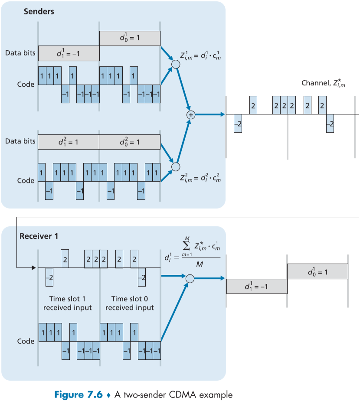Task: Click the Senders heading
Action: [x=39, y=12]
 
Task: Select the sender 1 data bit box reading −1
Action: [x=69, y=53]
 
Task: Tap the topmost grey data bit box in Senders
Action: [x=130, y=38]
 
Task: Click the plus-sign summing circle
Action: [x=190, y=114]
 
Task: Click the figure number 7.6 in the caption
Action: [x=94, y=395]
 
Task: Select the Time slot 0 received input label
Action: [x=129, y=303]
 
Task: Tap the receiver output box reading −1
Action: [x=256, y=286]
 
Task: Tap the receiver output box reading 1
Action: [x=317, y=271]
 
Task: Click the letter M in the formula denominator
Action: [x=199, y=264]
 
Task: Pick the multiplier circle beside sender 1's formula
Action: [x=176, y=65]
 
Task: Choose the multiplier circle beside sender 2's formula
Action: [x=176, y=166]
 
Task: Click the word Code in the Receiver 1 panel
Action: [x=26, y=341]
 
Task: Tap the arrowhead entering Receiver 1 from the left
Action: [x=33, y=267]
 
